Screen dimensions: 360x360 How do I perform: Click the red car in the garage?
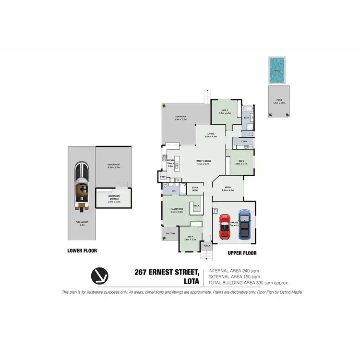(225, 226)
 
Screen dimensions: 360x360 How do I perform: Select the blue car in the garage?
(244, 224)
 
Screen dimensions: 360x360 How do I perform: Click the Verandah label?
(180, 117)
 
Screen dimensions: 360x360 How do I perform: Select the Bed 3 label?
(225, 111)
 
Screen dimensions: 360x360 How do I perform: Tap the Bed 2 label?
(240, 162)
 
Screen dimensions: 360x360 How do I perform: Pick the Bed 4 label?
(191, 237)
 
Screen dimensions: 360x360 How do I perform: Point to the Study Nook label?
(195, 189)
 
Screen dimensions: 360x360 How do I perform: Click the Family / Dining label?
(204, 161)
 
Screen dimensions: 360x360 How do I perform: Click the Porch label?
(207, 246)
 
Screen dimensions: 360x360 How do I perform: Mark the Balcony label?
(170, 233)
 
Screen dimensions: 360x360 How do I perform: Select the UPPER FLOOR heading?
(242, 253)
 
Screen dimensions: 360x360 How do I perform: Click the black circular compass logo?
(100, 277)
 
